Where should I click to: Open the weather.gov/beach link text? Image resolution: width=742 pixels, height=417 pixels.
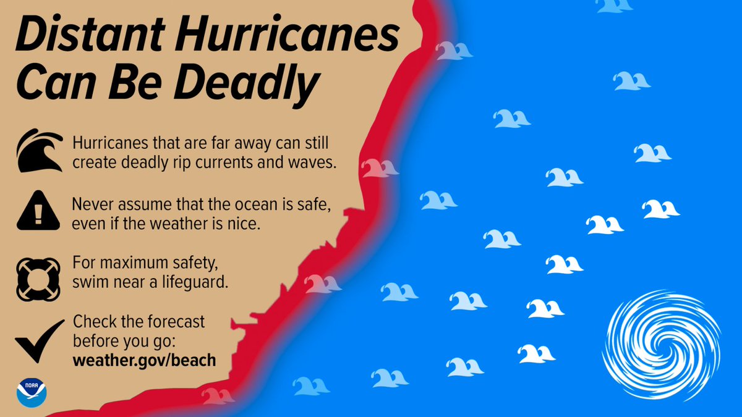pyautogui.click(x=144, y=360)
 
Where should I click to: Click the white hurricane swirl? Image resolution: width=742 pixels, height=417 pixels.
pyautogui.click(x=661, y=343)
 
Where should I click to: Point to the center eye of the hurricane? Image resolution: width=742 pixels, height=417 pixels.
pyautogui.click(x=663, y=344)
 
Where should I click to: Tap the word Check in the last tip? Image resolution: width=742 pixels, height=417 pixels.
pyautogui.click(x=92, y=322)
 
